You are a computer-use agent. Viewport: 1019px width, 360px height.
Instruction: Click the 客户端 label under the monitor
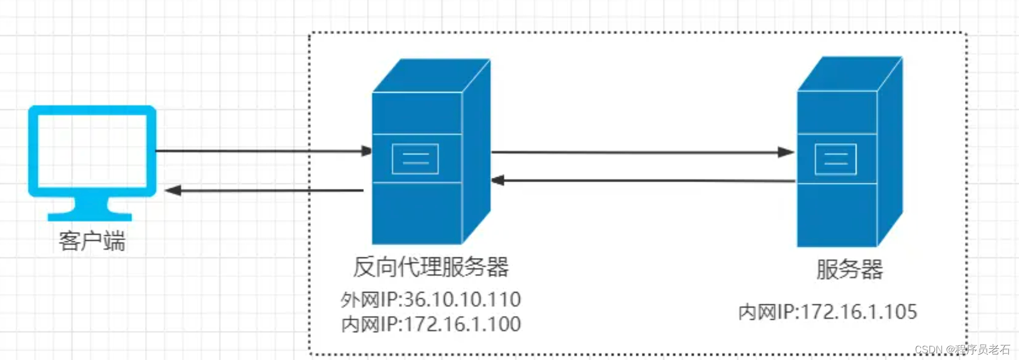pos(92,241)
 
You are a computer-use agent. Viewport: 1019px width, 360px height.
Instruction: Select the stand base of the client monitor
pos(90,216)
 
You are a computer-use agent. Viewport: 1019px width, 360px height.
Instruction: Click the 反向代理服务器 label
pos(431,267)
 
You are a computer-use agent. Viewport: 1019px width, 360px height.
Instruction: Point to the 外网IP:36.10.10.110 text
pos(431,300)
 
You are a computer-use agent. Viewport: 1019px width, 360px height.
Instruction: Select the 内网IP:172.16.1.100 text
pos(431,324)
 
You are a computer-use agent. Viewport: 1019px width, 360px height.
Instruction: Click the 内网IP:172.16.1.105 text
pos(827,312)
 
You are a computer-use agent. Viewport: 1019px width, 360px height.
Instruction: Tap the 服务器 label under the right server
pos(849,270)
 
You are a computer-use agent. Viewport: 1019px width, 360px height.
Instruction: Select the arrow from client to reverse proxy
pos(262,151)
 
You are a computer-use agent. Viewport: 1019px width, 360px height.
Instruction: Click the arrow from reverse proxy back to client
pos(267,191)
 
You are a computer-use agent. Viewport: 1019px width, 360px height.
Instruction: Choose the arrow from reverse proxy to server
pos(641,152)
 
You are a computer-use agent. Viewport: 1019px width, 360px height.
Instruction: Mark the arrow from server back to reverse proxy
pos(641,181)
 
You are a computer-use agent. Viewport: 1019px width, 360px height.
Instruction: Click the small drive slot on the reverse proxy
pos(415,159)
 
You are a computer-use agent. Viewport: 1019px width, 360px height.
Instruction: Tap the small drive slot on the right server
pos(835,159)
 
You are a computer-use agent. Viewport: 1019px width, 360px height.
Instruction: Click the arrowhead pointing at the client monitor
pos(173,191)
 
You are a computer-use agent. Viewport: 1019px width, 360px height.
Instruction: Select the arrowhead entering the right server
pos(786,152)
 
